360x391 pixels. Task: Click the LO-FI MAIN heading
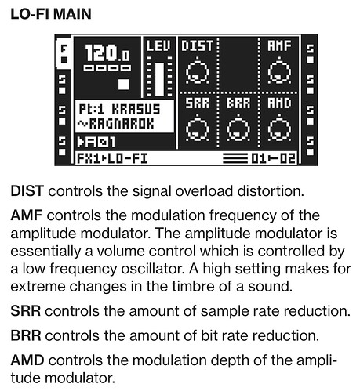[51, 14]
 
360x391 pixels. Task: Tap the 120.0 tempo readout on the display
[107, 52]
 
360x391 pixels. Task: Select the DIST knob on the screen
[198, 71]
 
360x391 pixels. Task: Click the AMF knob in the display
[279, 71]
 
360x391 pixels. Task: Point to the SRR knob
[198, 129]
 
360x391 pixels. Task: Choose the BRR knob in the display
[238, 129]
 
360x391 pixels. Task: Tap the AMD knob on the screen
[279, 129]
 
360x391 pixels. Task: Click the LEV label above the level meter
[158, 46]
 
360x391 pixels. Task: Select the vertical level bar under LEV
[159, 79]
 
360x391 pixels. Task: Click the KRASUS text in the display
[136, 110]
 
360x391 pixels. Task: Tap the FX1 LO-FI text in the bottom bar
[112, 158]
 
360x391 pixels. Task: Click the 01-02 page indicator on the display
[274, 158]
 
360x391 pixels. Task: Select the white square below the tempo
[124, 85]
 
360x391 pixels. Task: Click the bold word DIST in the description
[27, 191]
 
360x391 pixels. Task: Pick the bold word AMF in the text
[27, 215]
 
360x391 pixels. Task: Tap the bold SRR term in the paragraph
[26, 311]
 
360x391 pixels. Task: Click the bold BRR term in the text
[26, 335]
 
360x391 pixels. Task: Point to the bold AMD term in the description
[27, 360]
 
